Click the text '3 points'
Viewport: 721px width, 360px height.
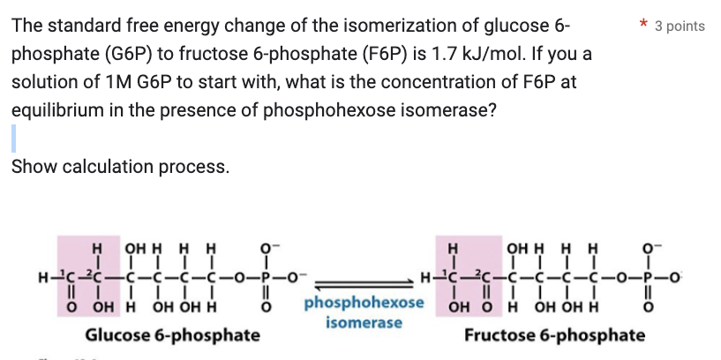pyautogui.click(x=680, y=26)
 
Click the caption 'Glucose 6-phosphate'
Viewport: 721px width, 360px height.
pyautogui.click(x=172, y=335)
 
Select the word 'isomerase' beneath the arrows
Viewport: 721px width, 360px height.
pyautogui.click(x=364, y=323)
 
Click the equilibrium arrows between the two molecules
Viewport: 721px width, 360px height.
pyautogui.click(x=364, y=277)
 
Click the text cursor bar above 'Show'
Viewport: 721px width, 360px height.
pyautogui.click(x=13, y=139)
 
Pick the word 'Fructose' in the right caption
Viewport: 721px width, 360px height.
pyautogui.click(x=499, y=335)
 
